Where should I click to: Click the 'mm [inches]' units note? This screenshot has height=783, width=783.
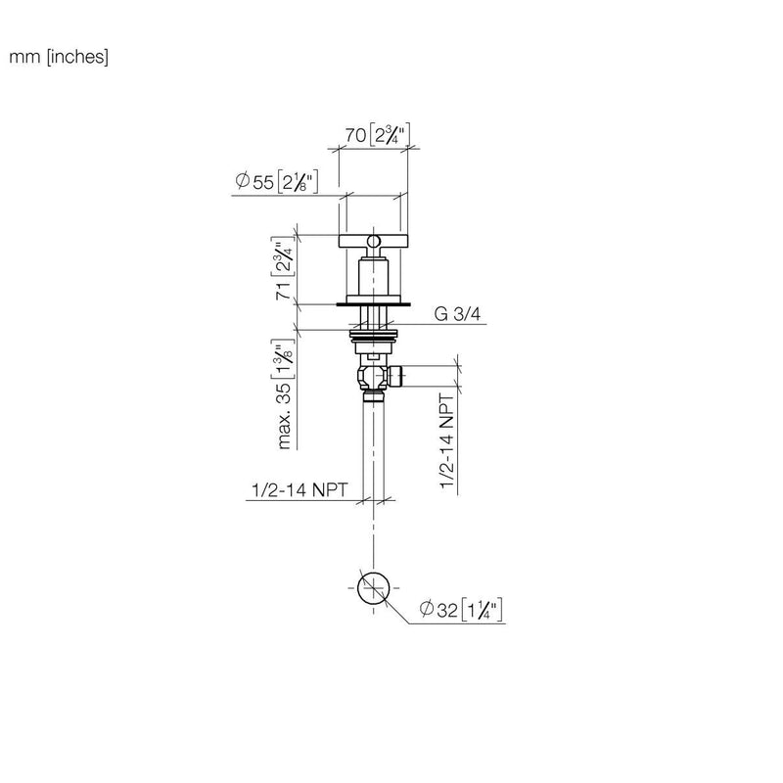(x=59, y=57)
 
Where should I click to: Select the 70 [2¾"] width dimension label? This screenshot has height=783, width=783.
(x=378, y=134)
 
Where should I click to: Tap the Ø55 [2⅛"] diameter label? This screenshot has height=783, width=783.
(x=277, y=181)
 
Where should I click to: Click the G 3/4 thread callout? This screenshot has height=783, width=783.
(x=457, y=314)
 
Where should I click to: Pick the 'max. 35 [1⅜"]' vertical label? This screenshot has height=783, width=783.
(x=284, y=394)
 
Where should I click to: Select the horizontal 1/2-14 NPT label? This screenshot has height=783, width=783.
(x=299, y=490)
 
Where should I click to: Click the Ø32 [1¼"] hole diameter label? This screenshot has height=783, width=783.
(x=461, y=610)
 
